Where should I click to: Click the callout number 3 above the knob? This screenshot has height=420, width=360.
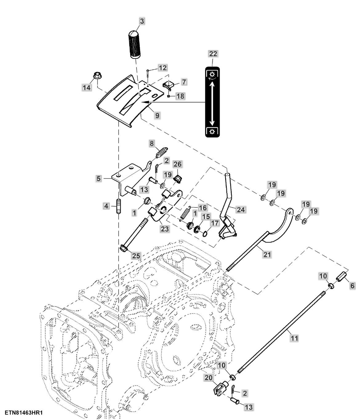(x=142, y=21)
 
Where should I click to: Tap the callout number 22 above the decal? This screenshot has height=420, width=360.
(x=213, y=54)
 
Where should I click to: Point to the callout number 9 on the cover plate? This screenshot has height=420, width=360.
(x=157, y=116)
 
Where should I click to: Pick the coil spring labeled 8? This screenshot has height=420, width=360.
(x=161, y=152)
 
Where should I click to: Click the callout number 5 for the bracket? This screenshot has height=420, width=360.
(x=98, y=178)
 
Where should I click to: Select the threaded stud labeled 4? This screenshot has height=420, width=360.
(x=118, y=206)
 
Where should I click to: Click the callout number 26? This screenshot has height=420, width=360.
(x=178, y=164)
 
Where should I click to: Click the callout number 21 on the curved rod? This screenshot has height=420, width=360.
(x=267, y=254)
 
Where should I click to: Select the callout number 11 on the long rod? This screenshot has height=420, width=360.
(x=294, y=338)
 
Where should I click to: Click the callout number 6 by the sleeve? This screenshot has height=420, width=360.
(x=352, y=286)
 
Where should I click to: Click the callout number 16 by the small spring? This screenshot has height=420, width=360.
(x=202, y=208)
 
